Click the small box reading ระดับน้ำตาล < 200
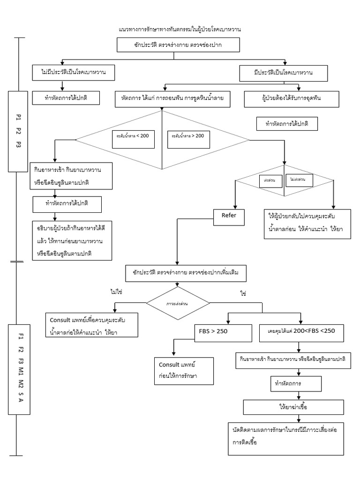click(133, 137)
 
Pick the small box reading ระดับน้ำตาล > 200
click(188, 137)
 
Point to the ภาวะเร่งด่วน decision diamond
click(178, 303)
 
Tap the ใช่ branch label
click(243, 293)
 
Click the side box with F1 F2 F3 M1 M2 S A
click(19, 368)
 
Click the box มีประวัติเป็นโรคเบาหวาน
click(283, 73)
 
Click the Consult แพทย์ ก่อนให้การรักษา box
click(183, 371)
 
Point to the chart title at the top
click(180, 30)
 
